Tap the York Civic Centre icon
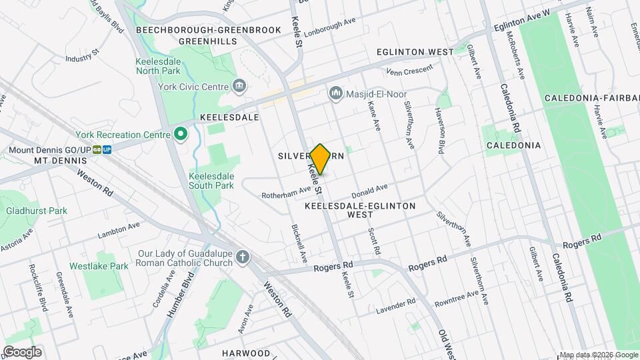point(239,86)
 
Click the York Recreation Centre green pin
point(180,134)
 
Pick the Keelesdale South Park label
point(211,180)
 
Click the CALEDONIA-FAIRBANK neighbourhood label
point(592,98)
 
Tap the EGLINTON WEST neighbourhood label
point(415,51)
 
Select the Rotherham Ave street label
point(286,190)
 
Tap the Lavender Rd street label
point(395,305)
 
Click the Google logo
point(22,352)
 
